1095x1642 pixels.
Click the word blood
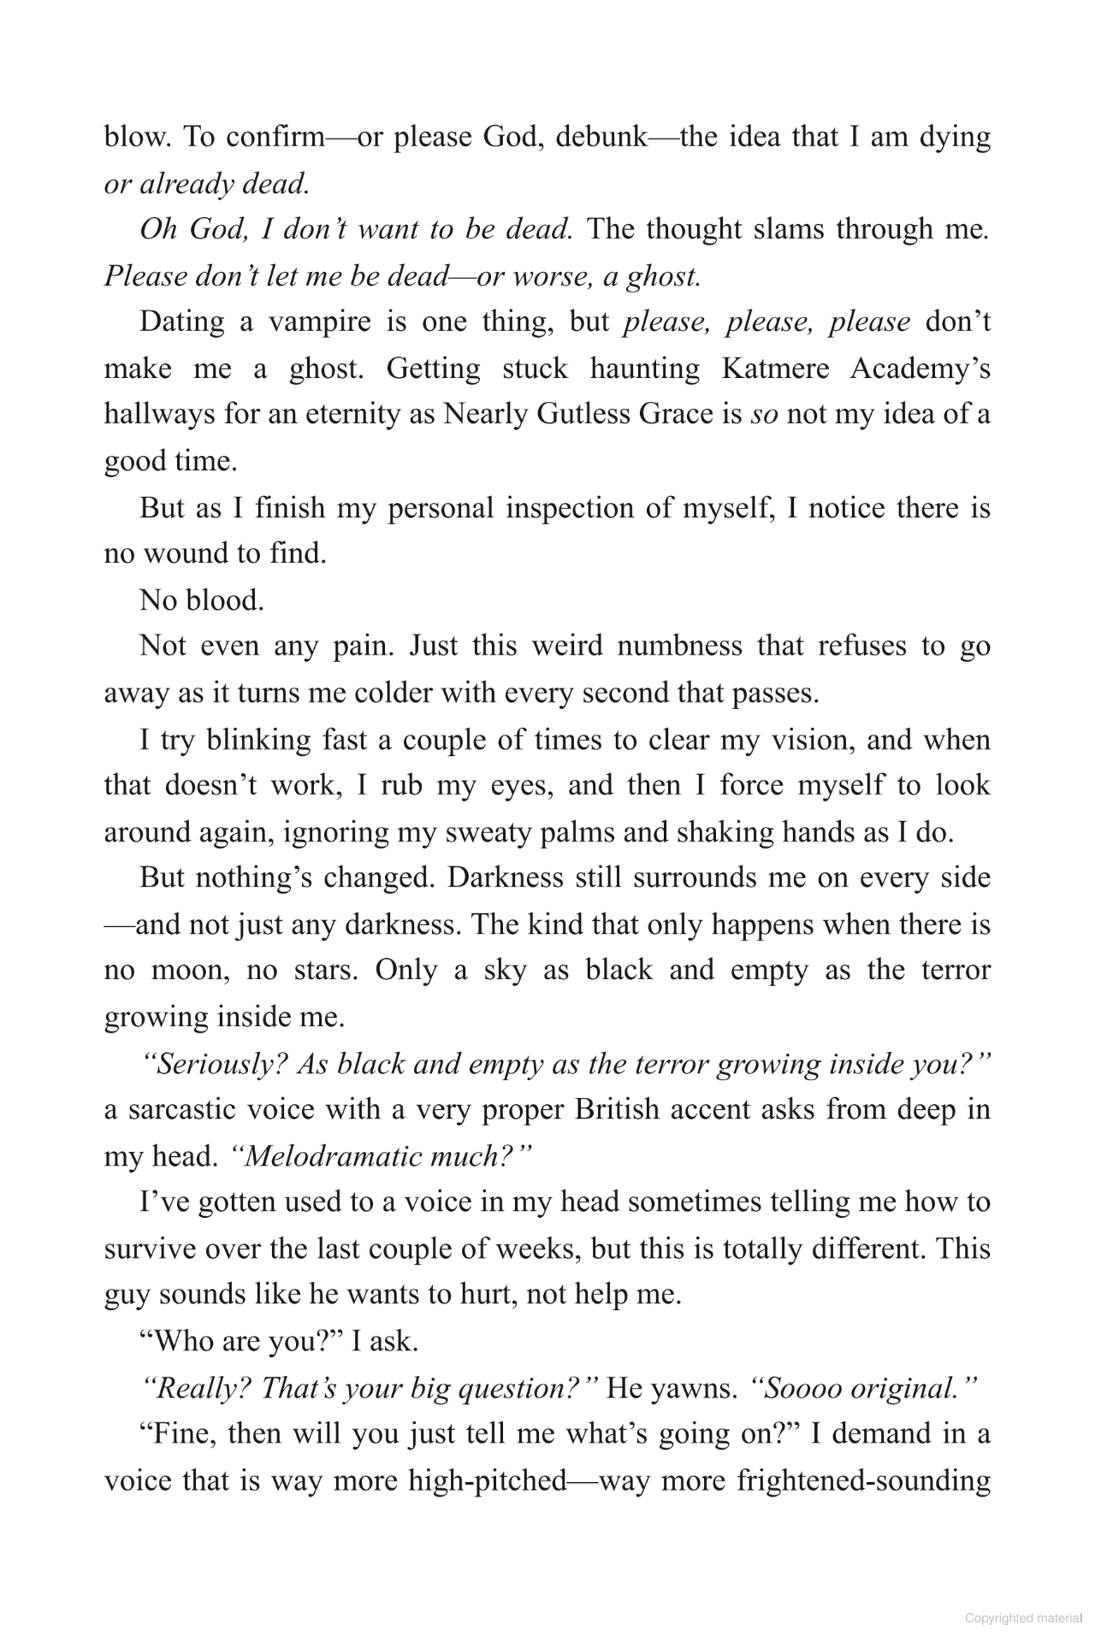pos(224,600)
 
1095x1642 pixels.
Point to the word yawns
pos(694,1388)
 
